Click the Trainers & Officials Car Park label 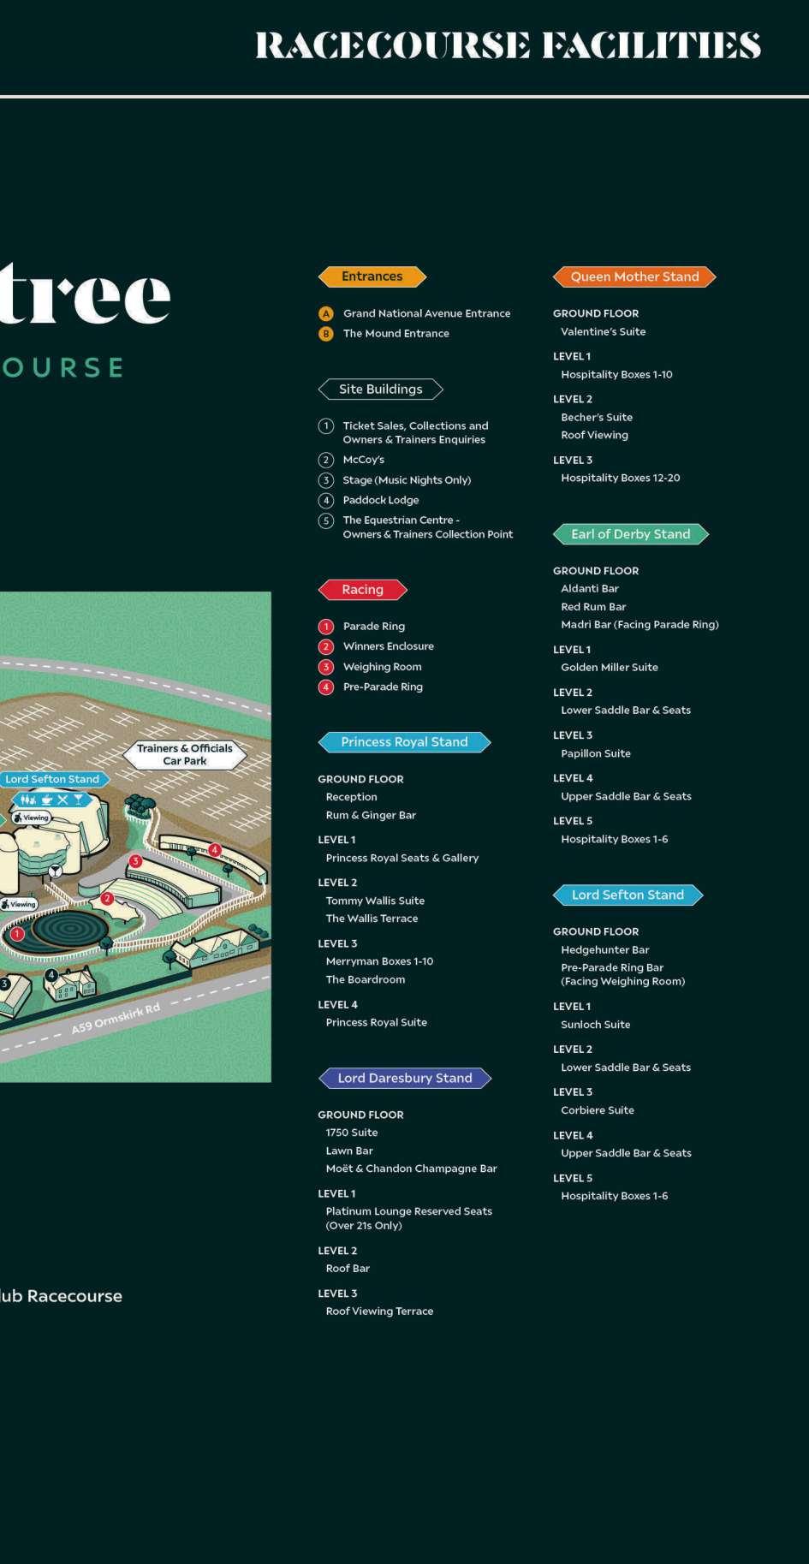pyautogui.click(x=184, y=754)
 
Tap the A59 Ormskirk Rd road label pyautogui.click(x=116, y=1019)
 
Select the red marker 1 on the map pyautogui.click(x=17, y=934)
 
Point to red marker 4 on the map pyautogui.click(x=215, y=850)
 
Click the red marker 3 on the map pyautogui.click(x=135, y=861)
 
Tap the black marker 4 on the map pyautogui.click(x=51, y=975)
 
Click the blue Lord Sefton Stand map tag pyautogui.click(x=52, y=779)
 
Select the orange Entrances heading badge pyautogui.click(x=372, y=277)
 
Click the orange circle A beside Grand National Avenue pyautogui.click(x=325, y=313)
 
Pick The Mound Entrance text pyautogui.click(x=396, y=334)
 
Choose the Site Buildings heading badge pyautogui.click(x=380, y=390)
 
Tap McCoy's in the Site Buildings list pyautogui.click(x=363, y=460)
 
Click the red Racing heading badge pyautogui.click(x=362, y=590)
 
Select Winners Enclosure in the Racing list pyautogui.click(x=388, y=646)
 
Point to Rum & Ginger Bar pyautogui.click(x=371, y=815)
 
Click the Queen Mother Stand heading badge pyautogui.click(x=634, y=277)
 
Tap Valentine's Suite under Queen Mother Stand pyautogui.click(x=603, y=332)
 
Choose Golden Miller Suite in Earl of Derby pyautogui.click(x=609, y=668)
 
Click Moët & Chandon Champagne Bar pyautogui.click(x=411, y=1169)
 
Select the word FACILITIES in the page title pyautogui.click(x=651, y=45)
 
